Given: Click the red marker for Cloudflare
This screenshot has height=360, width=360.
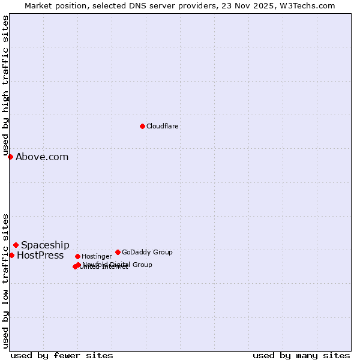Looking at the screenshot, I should pyautogui.click(x=142, y=126).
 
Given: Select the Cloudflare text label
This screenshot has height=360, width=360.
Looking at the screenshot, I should pyautogui.click(x=163, y=127).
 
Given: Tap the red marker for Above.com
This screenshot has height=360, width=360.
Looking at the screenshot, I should pyautogui.click(x=10, y=157).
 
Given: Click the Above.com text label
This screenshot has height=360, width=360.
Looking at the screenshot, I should pyautogui.click(x=42, y=157).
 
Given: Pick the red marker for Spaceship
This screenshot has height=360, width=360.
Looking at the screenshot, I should pyautogui.click(x=16, y=245).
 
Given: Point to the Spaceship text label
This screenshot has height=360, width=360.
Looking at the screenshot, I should pyautogui.click(x=45, y=245).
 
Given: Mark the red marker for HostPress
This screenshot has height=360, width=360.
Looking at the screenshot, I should pyautogui.click(x=11, y=255).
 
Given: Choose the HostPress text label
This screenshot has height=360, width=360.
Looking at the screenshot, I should pyautogui.click(x=40, y=256).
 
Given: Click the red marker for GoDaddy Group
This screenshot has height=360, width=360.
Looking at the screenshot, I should pyautogui.click(x=118, y=252).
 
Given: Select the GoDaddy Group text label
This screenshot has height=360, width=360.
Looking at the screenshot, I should pyautogui.click(x=147, y=253).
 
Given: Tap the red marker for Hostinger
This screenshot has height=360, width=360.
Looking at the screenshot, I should pyautogui.click(x=77, y=256).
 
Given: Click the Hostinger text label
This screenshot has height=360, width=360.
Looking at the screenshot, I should pyautogui.click(x=97, y=257).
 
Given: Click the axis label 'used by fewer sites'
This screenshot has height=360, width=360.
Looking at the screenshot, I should pyautogui.click(x=62, y=355).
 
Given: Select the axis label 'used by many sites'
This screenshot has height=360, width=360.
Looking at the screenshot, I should pyautogui.click(x=301, y=355).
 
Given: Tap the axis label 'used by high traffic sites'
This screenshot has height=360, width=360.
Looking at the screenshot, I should pyautogui.click(x=6, y=85).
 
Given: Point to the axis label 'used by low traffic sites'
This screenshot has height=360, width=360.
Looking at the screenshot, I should pyautogui.click(x=6, y=280).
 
